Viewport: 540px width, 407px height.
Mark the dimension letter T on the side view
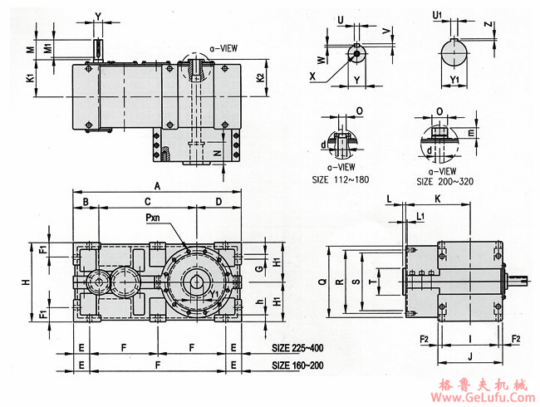coord(371,282)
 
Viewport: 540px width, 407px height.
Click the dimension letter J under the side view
coord(470,356)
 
